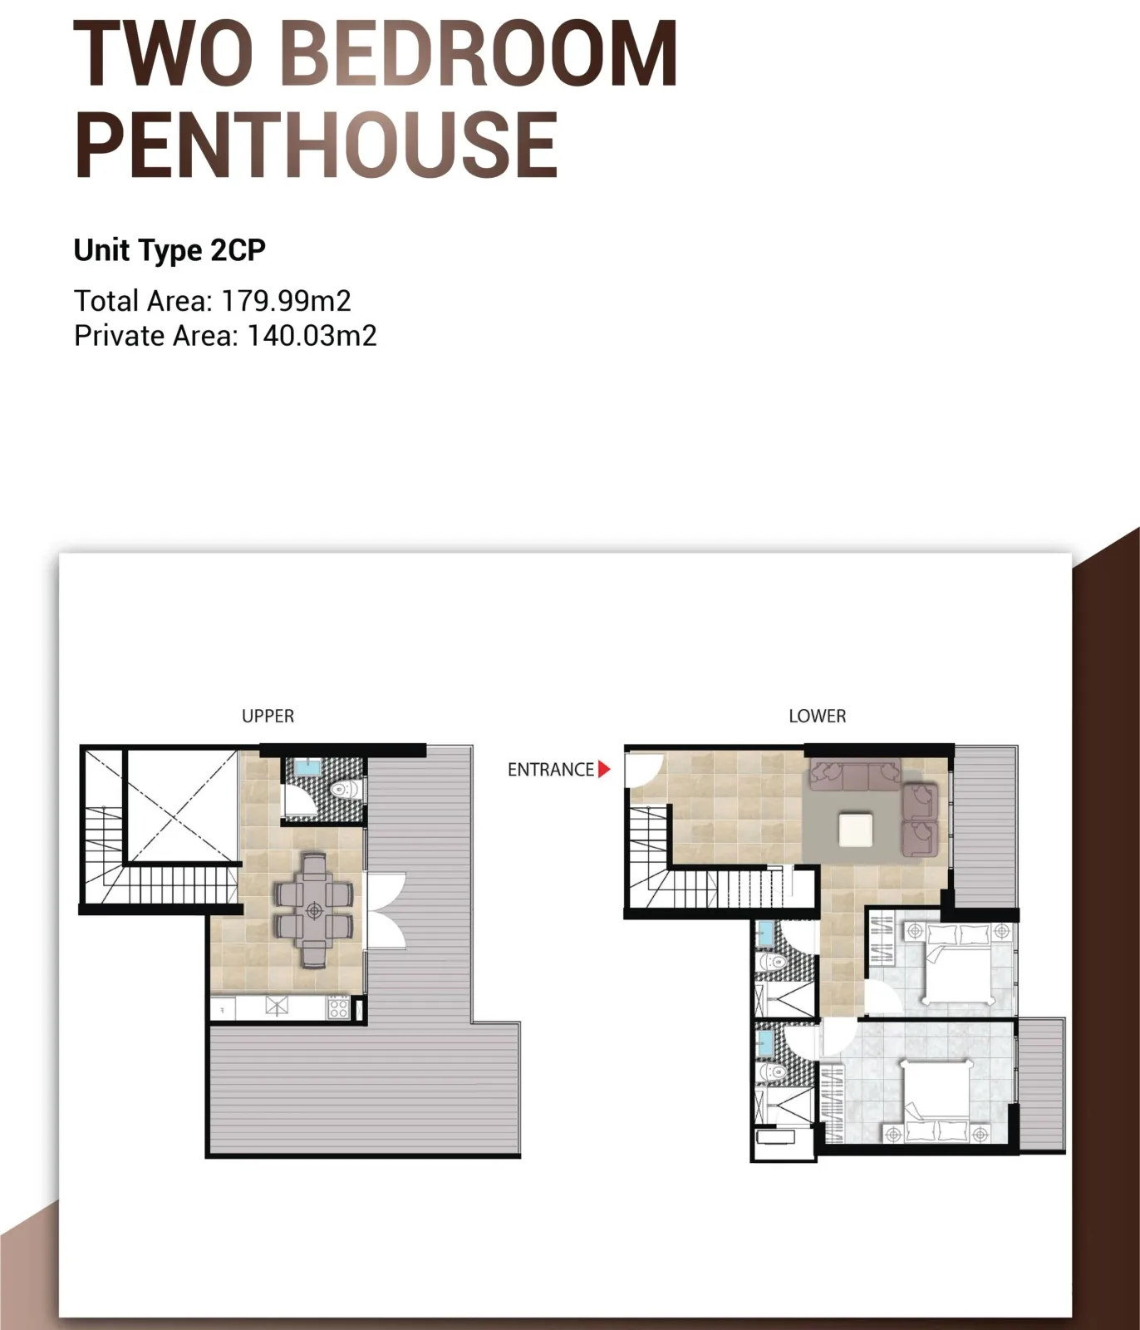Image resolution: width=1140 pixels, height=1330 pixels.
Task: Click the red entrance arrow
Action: pyautogui.click(x=604, y=770)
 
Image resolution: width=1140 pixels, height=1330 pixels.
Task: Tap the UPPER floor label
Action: pyautogui.click(x=268, y=716)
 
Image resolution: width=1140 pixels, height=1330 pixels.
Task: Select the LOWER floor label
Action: pyautogui.click(x=818, y=716)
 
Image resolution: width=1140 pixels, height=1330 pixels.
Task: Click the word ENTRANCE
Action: pyautogui.click(x=551, y=770)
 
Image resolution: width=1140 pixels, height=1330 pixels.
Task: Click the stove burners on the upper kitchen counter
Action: pyautogui.click(x=338, y=1007)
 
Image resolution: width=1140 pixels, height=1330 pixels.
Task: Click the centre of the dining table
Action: pyautogui.click(x=314, y=911)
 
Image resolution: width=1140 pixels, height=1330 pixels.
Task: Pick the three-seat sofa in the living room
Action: pyautogui.click(x=856, y=774)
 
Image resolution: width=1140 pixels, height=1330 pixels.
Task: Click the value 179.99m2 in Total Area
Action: pyautogui.click(x=287, y=301)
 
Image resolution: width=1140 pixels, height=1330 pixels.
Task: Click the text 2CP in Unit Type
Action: pyautogui.click(x=238, y=250)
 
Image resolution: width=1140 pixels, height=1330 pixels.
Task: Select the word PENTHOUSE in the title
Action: pyautogui.click(x=316, y=145)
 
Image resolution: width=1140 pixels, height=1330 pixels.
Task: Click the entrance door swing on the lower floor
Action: pyautogui.click(x=645, y=770)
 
